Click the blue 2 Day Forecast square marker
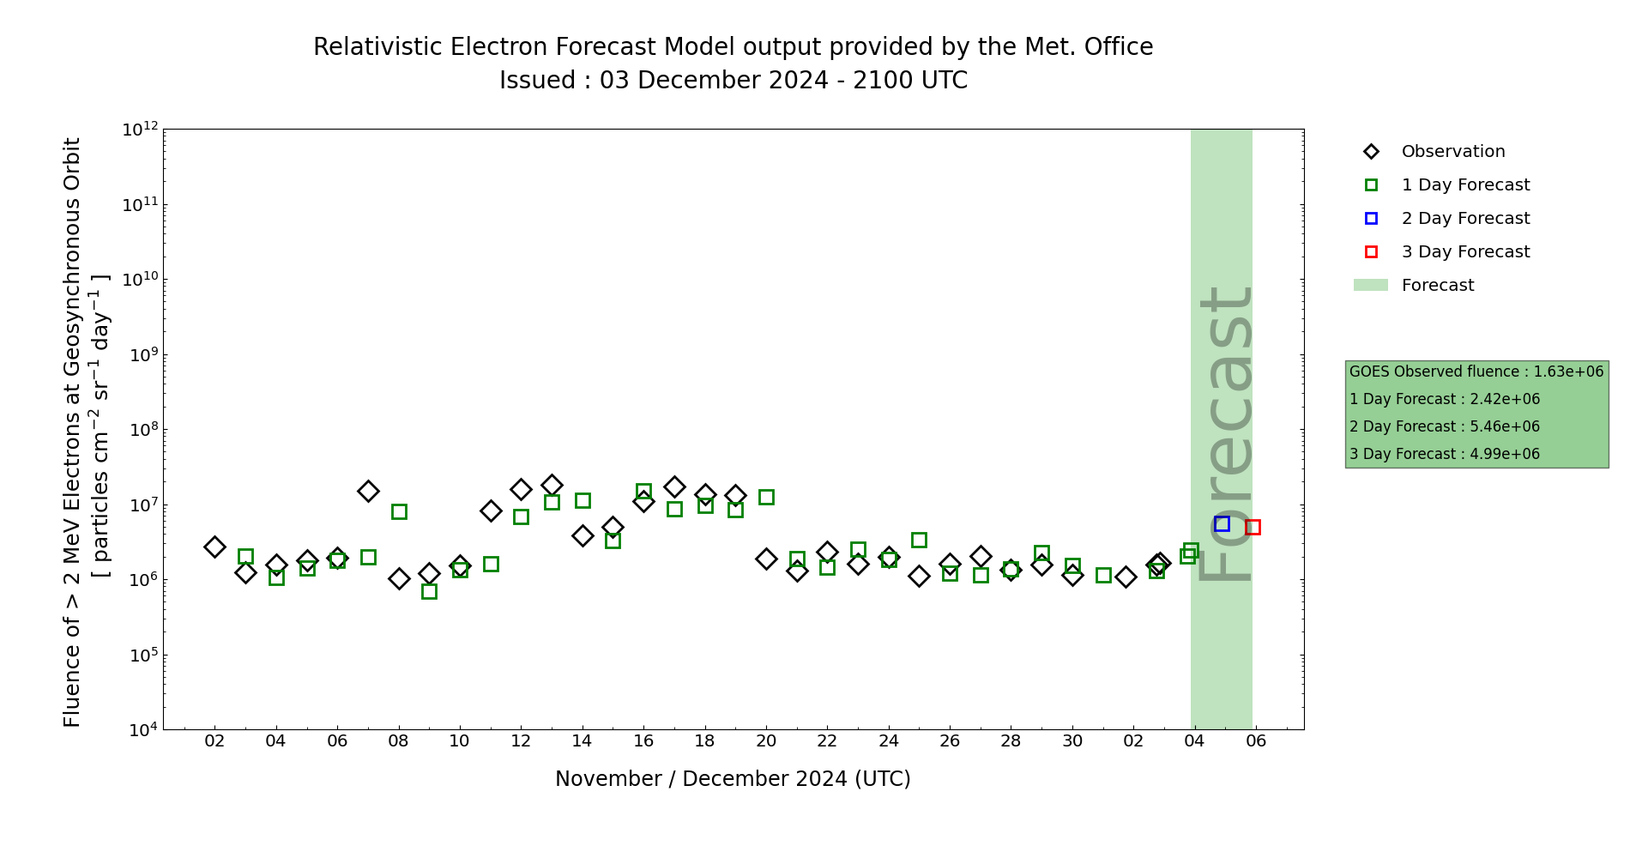1222,523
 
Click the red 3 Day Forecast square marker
1253,527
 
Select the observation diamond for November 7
368,491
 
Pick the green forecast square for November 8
399,511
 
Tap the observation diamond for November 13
552,485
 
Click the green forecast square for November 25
919,540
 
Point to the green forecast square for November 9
429,591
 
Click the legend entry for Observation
1452,152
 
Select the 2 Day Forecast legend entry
1464,219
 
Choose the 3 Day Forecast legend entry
1464,252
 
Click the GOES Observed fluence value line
1476,372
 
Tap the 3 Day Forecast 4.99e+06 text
1444,454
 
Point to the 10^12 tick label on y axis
140,130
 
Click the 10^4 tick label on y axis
140,730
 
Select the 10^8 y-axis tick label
140,430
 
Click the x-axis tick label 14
582,740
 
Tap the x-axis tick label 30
1072,740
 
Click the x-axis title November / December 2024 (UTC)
733,779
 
